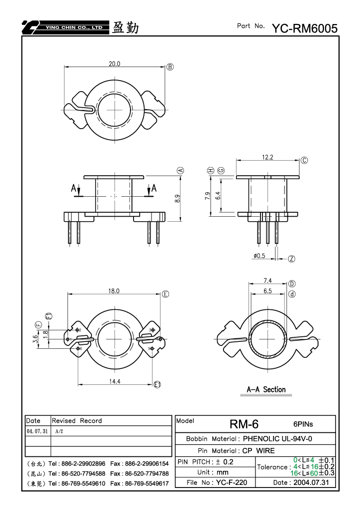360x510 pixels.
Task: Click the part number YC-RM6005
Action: [304, 29]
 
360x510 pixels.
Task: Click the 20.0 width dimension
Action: [114, 64]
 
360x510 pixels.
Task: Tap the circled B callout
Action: [170, 67]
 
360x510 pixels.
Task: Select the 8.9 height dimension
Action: [177, 199]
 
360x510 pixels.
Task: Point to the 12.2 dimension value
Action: [267, 158]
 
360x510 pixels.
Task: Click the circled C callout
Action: [304, 160]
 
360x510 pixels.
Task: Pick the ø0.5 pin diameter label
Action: [259, 256]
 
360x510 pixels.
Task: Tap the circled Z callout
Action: [291, 259]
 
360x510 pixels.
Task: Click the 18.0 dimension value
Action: [114, 291]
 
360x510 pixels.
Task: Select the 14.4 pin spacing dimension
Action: [114, 381]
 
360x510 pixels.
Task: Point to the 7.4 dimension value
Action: [267, 280]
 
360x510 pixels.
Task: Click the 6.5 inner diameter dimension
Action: [267, 291]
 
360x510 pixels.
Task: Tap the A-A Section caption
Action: [266, 389]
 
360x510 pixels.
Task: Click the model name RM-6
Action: [244, 424]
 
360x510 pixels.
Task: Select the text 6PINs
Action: [303, 424]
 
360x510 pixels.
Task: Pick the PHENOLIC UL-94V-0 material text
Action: [277, 439]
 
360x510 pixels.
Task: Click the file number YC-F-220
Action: [231, 482]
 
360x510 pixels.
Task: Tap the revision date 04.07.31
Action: [37, 431]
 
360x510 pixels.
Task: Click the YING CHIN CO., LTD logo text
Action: [74, 28]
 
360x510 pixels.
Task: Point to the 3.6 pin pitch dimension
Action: [35, 339]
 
